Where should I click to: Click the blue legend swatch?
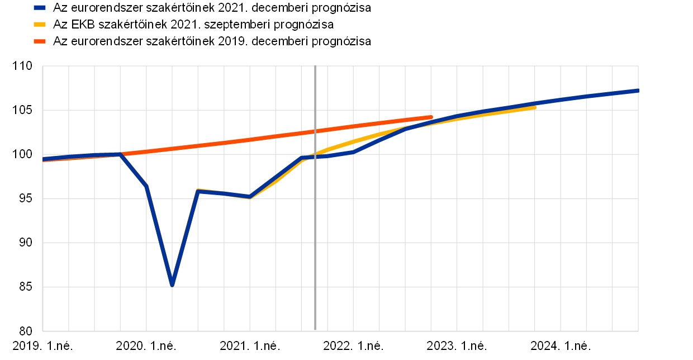40,8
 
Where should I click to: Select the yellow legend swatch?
40,25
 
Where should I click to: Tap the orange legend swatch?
40,41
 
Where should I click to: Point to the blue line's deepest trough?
172,285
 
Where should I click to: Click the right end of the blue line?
637,91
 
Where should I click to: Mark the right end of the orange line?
431,117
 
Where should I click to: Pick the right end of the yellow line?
535,107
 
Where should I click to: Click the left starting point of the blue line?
44,159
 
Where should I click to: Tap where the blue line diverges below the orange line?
121,154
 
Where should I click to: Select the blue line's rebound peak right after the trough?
198,191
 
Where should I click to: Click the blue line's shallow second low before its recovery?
250,197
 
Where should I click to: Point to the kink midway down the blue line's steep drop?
146,186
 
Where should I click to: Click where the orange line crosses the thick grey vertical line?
315,131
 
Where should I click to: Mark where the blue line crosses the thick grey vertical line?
315,157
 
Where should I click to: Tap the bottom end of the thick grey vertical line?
315,331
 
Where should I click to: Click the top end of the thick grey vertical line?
315,66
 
